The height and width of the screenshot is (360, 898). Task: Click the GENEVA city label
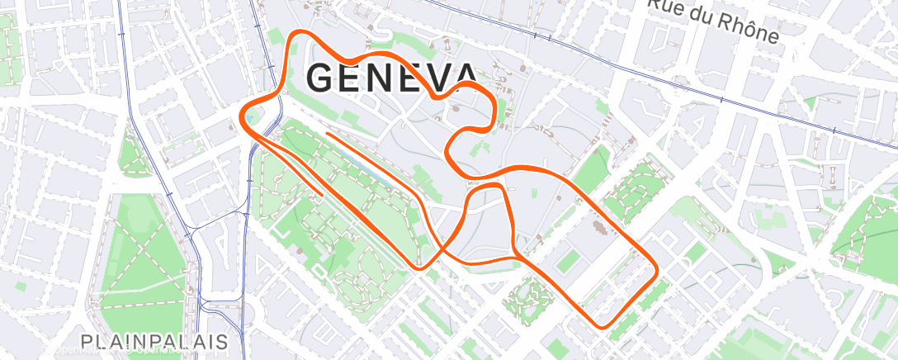coord(392,78)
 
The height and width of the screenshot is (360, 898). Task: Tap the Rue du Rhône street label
coord(712,20)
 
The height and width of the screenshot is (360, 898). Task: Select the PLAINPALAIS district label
coord(154,340)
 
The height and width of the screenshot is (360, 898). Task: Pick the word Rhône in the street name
coord(746,27)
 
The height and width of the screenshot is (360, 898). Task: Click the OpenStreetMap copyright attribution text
coord(116,352)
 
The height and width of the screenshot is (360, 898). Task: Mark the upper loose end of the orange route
coord(328,132)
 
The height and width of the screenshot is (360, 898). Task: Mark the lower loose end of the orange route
coord(320,194)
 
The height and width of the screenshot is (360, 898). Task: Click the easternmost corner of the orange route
coord(656,270)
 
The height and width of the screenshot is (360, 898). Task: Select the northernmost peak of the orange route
coord(300,33)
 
